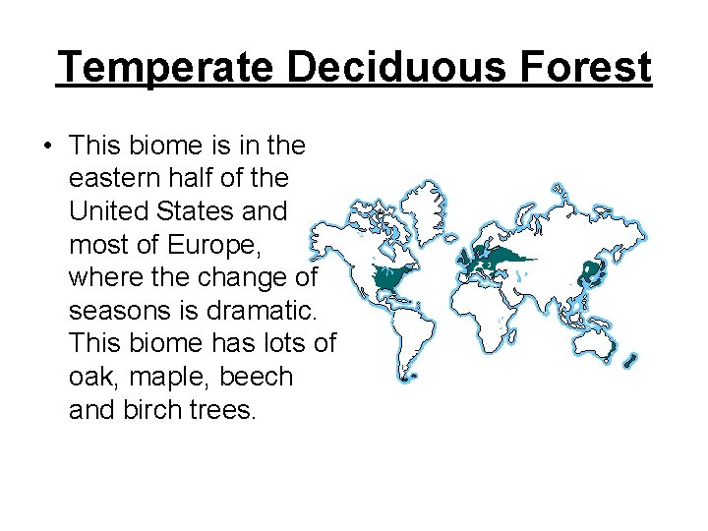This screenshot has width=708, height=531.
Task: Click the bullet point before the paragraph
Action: tap(46, 147)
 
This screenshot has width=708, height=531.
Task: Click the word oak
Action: tap(89, 378)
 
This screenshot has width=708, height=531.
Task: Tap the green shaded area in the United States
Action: tap(394, 279)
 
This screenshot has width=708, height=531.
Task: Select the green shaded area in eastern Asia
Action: tap(591, 269)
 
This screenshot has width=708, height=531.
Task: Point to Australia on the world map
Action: tap(596, 334)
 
